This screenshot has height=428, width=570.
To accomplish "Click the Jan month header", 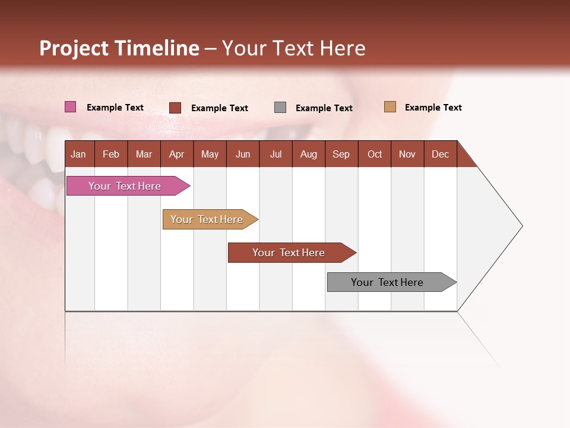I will pyautogui.click(x=78, y=154).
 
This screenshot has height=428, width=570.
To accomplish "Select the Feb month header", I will pyautogui.click(x=111, y=154).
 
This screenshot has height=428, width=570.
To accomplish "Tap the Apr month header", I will pyautogui.click(x=176, y=154).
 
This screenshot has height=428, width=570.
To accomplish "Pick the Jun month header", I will pyautogui.click(x=242, y=154).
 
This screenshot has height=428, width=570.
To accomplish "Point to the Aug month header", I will pyautogui.click(x=308, y=154).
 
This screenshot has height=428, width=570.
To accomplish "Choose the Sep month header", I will pyautogui.click(x=341, y=154).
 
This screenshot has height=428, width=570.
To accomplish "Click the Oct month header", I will pyautogui.click(x=375, y=154).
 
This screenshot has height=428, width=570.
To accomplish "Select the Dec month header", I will pyautogui.click(x=440, y=154).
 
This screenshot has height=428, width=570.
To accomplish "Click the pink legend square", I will pyautogui.click(x=70, y=107).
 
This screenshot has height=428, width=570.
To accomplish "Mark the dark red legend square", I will pyautogui.click(x=175, y=108).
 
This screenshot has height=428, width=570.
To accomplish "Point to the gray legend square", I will pyautogui.click(x=280, y=108).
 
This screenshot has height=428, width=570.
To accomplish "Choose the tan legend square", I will pyautogui.click(x=389, y=107).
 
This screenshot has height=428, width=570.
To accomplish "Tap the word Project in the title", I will pyautogui.click(x=74, y=48).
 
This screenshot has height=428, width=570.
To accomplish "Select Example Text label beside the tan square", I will pyautogui.click(x=433, y=108).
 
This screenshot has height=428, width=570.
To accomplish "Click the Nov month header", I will pyautogui.click(x=407, y=154).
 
